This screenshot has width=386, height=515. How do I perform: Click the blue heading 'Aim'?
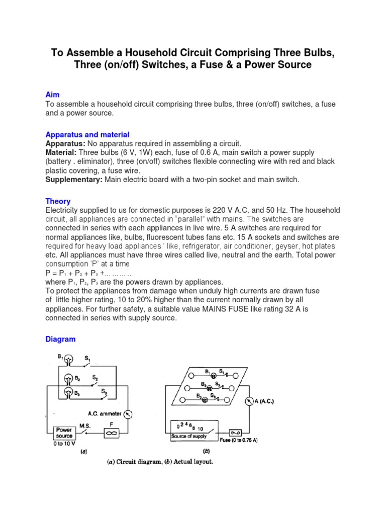(x=52, y=95)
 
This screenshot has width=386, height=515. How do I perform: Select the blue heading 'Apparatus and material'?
(x=87, y=135)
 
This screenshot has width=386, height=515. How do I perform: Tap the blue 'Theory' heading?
(x=58, y=201)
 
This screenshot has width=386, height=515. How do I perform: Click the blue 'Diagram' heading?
(x=60, y=339)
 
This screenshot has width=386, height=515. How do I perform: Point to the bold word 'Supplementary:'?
(x=73, y=180)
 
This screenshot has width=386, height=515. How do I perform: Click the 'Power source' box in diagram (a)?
(x=64, y=433)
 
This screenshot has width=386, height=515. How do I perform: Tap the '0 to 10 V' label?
(x=64, y=444)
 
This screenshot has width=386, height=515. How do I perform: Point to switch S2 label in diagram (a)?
(x=95, y=377)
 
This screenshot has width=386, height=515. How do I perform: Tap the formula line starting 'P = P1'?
(x=88, y=273)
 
